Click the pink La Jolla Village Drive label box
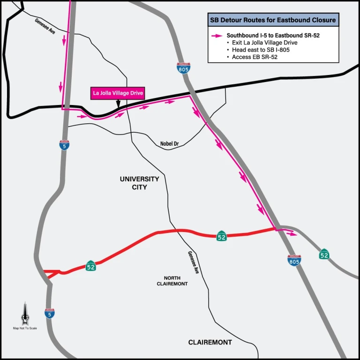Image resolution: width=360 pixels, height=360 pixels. click(117, 93)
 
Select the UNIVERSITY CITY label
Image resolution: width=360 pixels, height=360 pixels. click(139, 183)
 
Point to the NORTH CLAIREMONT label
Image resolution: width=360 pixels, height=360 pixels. click(172, 281)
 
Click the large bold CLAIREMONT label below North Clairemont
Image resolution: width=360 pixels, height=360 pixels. click(210, 342)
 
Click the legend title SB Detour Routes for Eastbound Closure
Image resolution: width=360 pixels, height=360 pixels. click(273, 20)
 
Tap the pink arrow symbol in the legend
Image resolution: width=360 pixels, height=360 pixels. click(217, 35)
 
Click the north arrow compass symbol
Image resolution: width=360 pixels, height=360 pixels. click(25, 314)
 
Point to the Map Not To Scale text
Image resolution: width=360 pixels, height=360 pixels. click(25, 328)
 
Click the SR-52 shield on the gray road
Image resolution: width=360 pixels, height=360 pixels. click(324, 254)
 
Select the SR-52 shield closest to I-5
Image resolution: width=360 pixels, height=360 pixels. click(91, 266)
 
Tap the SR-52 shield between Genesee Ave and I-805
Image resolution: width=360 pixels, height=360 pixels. click(222, 236)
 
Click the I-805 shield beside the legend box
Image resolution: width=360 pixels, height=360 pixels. click(184, 68)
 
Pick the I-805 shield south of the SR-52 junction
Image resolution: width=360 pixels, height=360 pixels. click(294, 261)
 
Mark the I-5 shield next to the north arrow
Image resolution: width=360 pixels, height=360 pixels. click(50, 313)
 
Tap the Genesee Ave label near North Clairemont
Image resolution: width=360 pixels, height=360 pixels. click(194, 262)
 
